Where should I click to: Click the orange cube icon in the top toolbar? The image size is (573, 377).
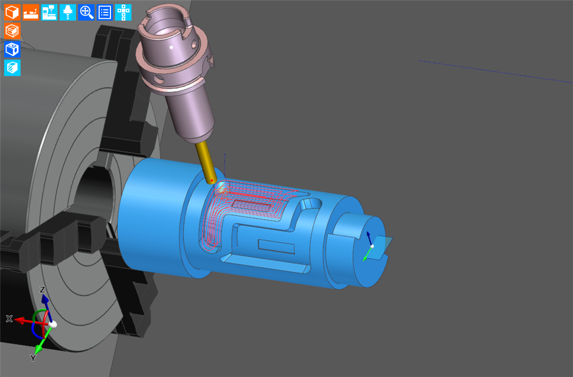[12, 12]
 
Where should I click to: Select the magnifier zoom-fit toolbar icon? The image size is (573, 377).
[86, 12]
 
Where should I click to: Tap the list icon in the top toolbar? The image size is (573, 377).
[105, 12]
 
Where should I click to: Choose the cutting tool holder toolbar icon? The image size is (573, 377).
[68, 12]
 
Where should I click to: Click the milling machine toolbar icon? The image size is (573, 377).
[49, 12]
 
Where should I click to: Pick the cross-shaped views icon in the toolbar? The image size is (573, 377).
[123, 12]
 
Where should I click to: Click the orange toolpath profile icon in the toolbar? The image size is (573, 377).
[31, 12]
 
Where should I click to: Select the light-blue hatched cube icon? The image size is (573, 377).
[12, 68]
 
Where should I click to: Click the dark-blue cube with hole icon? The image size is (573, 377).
[12, 49]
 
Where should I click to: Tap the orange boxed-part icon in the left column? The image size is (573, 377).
[12, 31]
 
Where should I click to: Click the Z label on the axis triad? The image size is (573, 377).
[43, 290]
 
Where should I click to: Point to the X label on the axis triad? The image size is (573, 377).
[9, 318]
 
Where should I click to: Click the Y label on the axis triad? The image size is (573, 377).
[33, 358]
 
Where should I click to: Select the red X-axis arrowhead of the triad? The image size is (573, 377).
[19, 320]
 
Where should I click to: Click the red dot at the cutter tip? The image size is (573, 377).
[211, 180]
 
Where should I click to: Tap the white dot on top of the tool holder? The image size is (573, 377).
[171, 46]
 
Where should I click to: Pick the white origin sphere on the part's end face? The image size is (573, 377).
[372, 246]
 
